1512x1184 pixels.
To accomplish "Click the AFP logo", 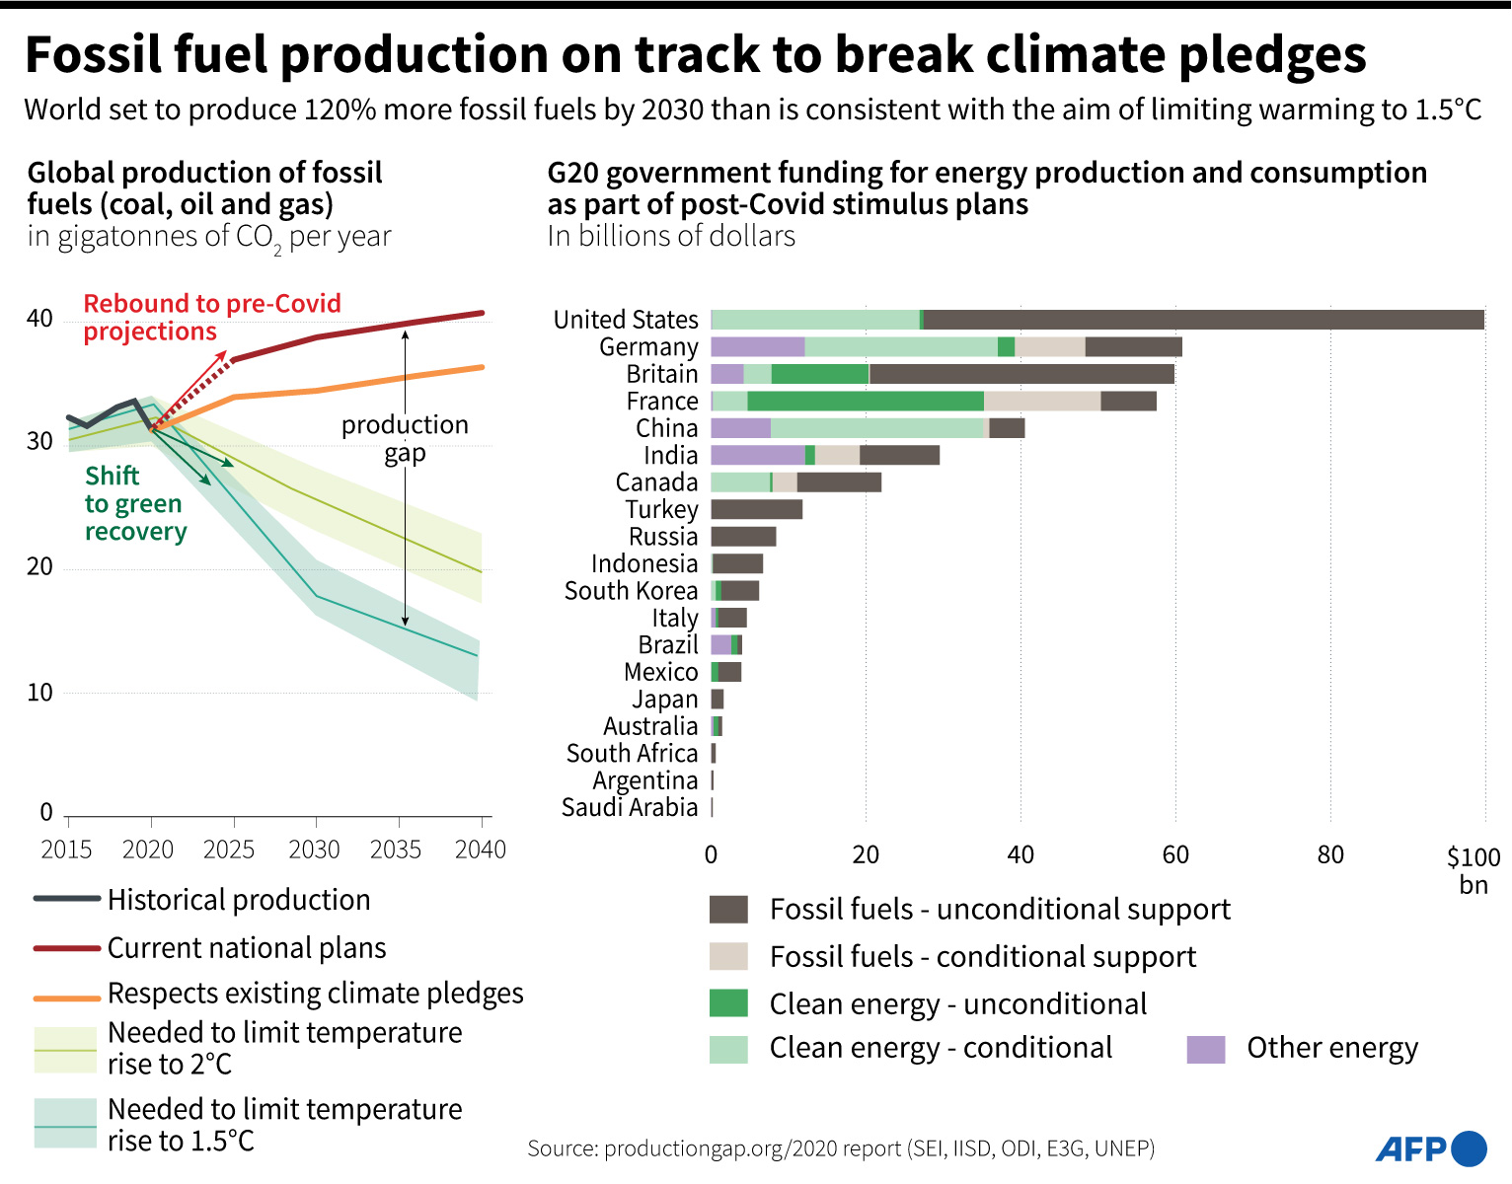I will point(1430,1148).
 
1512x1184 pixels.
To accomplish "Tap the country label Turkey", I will point(661,509).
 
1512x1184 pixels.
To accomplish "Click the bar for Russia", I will point(743,537).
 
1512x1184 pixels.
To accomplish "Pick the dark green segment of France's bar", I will point(865,401).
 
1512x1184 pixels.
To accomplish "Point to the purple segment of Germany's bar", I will point(757,346).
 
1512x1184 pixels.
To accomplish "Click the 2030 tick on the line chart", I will point(315,849).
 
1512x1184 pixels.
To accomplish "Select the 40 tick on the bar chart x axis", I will point(1021,854).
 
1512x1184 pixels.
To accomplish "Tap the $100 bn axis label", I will point(1473,869).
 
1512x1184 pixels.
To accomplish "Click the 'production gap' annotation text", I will point(405,438).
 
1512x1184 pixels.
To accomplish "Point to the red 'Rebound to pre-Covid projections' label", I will point(211,317).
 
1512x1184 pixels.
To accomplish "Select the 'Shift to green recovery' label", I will point(134,503).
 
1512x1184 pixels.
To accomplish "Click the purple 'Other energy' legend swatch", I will point(1205,1049).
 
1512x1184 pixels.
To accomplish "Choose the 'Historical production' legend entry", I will point(238,900).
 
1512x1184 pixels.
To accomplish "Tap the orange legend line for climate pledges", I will point(66,998).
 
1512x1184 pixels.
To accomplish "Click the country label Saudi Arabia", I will point(630,807).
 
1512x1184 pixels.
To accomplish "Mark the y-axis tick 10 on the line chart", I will point(39,693).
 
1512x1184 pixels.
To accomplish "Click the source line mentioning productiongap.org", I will point(841,1148).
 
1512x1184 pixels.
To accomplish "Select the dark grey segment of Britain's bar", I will point(1021,374).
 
